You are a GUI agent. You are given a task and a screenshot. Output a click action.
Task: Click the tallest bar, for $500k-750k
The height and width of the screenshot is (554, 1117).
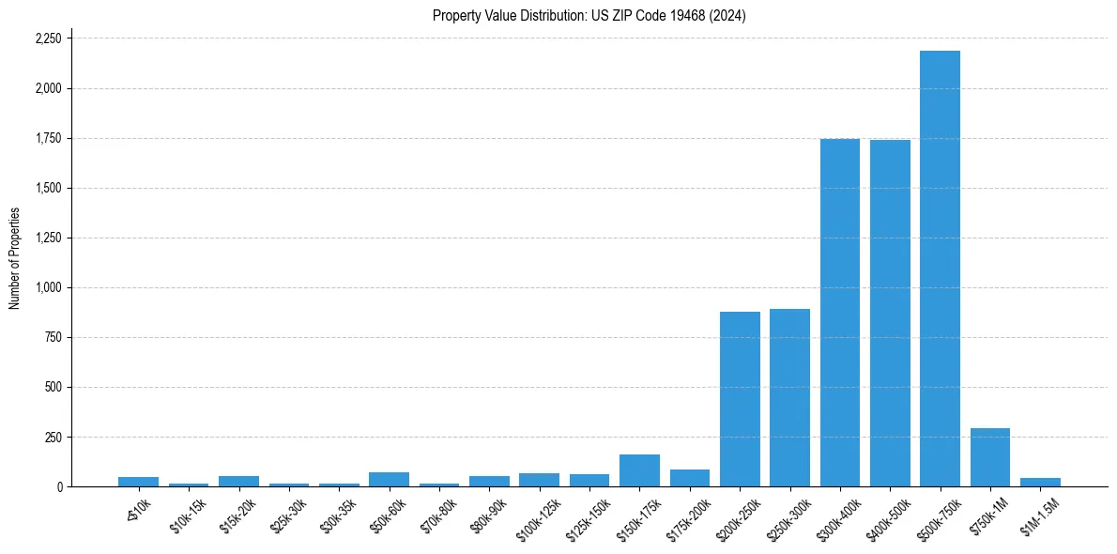point(940,269)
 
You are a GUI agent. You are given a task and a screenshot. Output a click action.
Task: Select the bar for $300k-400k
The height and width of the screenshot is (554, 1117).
point(840,313)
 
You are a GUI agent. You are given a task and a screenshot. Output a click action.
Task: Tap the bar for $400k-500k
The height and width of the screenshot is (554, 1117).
point(890,314)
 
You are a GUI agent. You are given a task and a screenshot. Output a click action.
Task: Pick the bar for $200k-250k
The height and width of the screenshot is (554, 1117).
point(740,399)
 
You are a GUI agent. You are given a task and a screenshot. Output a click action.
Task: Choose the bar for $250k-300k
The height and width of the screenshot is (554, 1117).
point(789,398)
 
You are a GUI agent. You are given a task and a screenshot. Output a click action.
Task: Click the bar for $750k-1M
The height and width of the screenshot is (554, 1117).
point(990,457)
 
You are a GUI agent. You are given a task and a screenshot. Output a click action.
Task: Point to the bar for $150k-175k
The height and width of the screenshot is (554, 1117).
point(639,470)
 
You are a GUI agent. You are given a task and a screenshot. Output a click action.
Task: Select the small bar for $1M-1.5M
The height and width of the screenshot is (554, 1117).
point(1040,482)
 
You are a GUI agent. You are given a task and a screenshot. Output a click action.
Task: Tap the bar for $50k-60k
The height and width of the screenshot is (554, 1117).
point(389,479)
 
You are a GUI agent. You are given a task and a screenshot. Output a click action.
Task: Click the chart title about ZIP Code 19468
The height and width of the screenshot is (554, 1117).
point(589,16)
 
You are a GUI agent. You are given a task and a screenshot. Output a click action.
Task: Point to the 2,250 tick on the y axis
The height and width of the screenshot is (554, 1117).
point(48,38)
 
